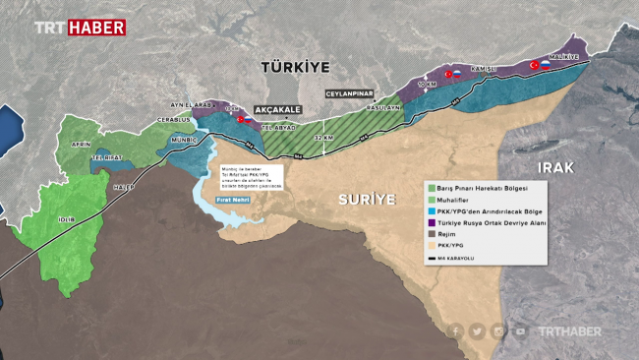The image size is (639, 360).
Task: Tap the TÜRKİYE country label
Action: [294, 66]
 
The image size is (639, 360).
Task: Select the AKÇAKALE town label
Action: [277, 110]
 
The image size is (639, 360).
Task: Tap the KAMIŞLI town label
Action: [483, 69]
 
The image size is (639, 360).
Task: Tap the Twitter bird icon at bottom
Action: [477, 331]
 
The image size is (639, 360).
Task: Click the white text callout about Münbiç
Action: [252, 176]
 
